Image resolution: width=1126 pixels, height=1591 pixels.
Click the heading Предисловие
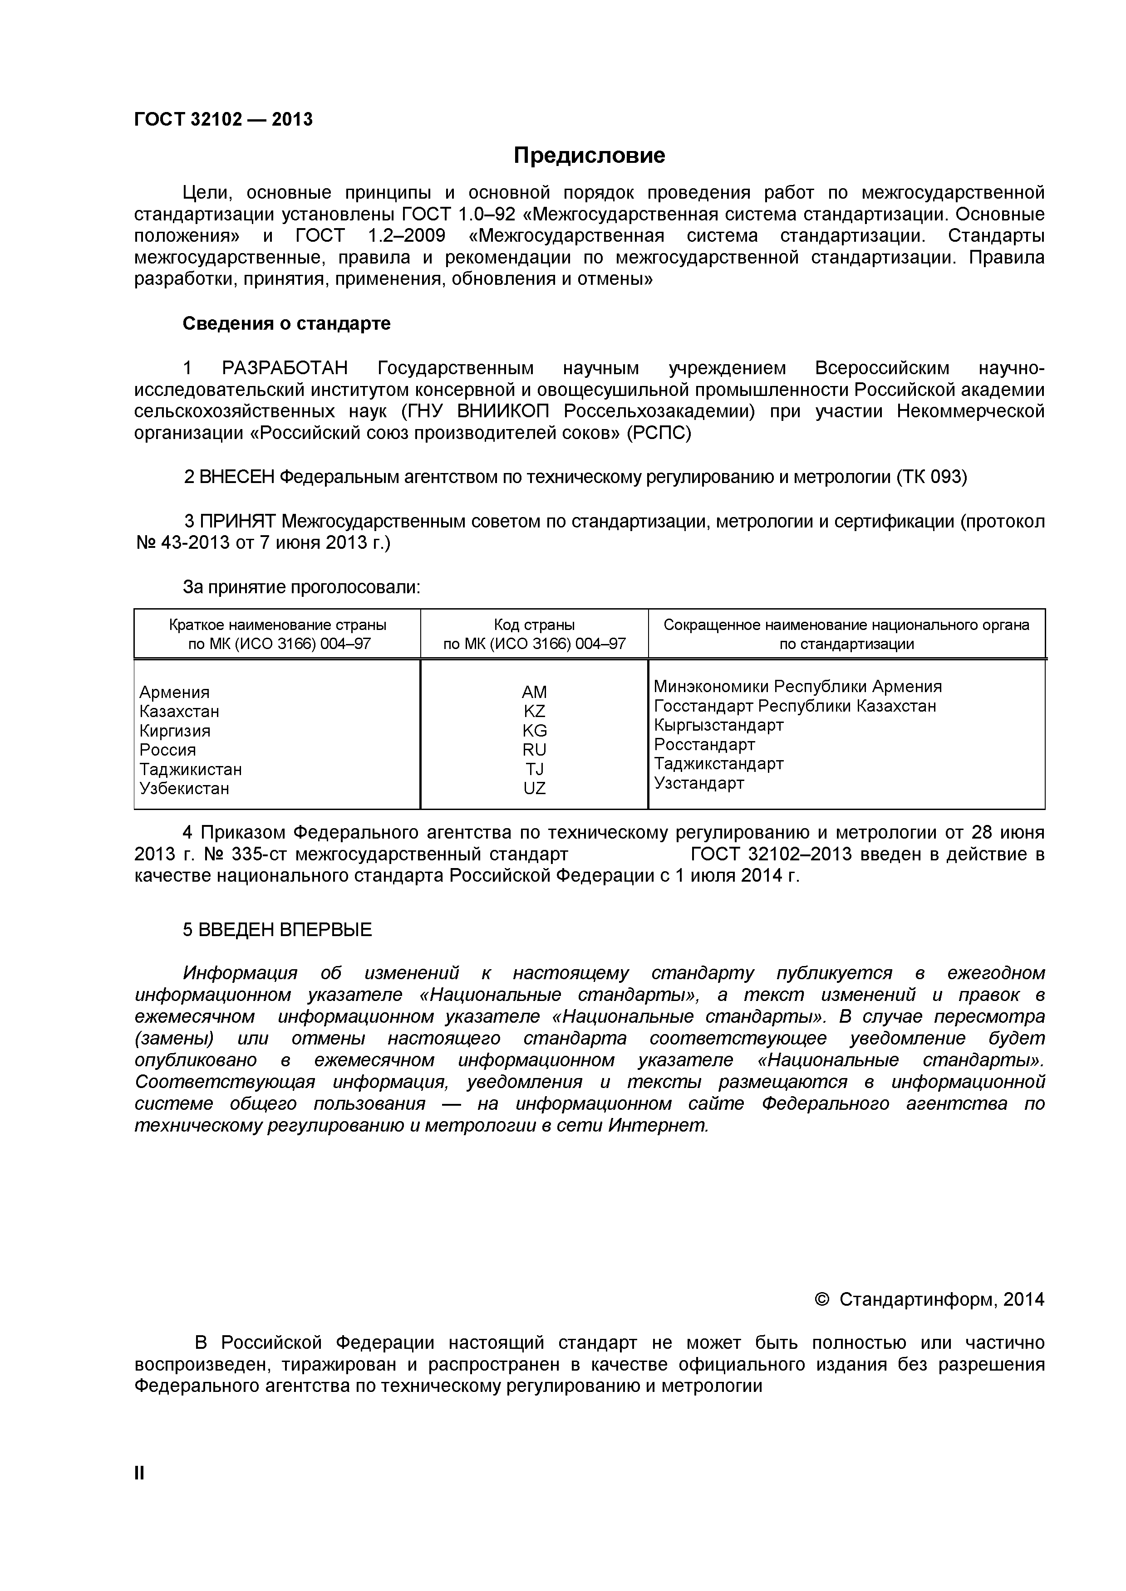pos(589,155)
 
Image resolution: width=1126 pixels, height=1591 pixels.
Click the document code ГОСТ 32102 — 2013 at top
pos(223,120)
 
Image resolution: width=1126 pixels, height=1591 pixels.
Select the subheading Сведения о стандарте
pos(286,324)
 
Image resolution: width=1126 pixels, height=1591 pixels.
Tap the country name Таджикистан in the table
pos(191,769)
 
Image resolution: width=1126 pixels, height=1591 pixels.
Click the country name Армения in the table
pos(174,692)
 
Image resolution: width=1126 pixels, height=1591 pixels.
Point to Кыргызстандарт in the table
pos(718,726)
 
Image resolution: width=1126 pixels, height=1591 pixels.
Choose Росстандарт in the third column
pos(704,745)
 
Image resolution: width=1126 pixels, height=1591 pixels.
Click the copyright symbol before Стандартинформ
pos(822,1299)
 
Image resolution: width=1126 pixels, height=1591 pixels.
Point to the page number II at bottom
pos(139,1493)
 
